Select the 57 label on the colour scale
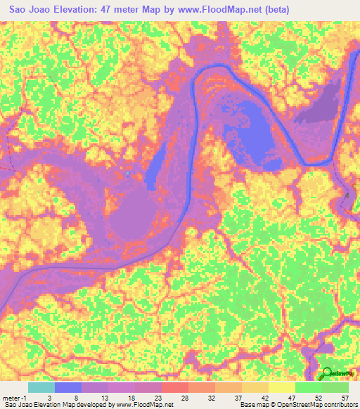[344, 397]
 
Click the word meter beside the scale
[12, 397]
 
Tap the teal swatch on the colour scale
[41, 387]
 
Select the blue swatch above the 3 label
[68, 387]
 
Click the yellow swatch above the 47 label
[282, 387]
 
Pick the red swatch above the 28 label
[175, 387]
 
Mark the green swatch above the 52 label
[309, 387]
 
